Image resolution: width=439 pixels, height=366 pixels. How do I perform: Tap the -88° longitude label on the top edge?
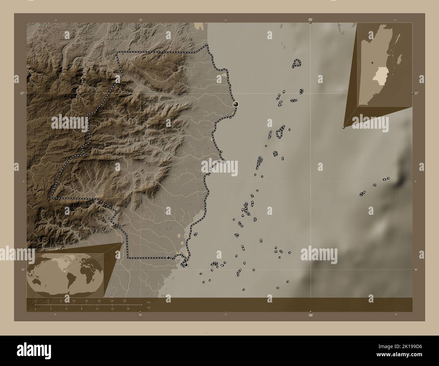[x=310, y=20]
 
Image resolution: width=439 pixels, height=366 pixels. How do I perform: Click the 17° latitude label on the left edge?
[x=22, y=93]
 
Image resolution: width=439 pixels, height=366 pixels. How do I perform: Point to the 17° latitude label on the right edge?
[x=416, y=93]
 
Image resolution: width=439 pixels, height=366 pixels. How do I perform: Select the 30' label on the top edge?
[x=140, y=20]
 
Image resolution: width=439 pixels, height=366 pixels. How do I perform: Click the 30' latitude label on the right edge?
[x=416, y=269]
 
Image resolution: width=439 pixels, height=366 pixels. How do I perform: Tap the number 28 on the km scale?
[x=125, y=300]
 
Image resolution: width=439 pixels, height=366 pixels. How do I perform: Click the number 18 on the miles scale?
[x=128, y=309]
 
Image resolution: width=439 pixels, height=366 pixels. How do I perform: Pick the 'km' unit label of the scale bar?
[x=149, y=302]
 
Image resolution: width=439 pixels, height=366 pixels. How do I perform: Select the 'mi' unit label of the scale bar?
[x=149, y=308]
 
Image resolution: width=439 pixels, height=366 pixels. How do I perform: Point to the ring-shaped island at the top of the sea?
[x=297, y=63]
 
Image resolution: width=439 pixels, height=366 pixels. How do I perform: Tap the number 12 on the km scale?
[x=74, y=300]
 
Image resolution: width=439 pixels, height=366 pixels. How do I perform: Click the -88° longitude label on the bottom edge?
[x=310, y=315]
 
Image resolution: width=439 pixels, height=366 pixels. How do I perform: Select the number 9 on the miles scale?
[x=82, y=309]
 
